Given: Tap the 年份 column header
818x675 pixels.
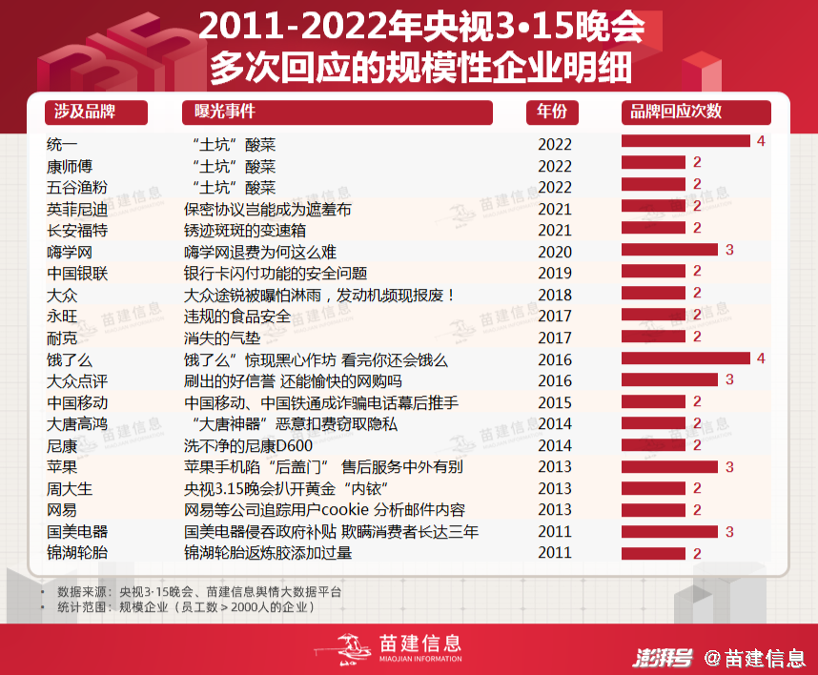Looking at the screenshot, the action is [552, 112].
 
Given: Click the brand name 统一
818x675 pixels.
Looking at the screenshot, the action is [62, 145].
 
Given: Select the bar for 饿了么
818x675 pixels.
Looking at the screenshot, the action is [685, 358].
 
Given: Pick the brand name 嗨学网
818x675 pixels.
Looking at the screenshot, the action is [70, 253].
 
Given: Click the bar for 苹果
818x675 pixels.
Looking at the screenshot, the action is [669, 466].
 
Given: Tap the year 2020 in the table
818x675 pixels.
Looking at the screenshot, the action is [555, 253].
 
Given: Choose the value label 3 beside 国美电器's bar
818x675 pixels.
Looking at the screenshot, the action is [729, 532].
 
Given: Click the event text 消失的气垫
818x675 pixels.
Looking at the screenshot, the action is [222, 338].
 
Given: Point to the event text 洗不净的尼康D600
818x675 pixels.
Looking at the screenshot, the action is [248, 446].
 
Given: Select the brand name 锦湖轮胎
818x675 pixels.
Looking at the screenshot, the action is [77, 553].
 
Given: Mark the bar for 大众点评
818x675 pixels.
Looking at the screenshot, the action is [669, 379].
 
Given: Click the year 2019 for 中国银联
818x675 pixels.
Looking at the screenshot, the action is [555, 274].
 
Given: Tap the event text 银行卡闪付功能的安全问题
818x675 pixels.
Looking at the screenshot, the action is [276, 274].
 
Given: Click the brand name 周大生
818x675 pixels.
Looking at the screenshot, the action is [70, 489].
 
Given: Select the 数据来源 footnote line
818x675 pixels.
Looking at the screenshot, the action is [198, 592].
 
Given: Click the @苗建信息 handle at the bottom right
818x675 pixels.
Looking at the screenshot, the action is [754, 658].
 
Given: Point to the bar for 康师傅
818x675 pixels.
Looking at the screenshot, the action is [653, 162].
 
